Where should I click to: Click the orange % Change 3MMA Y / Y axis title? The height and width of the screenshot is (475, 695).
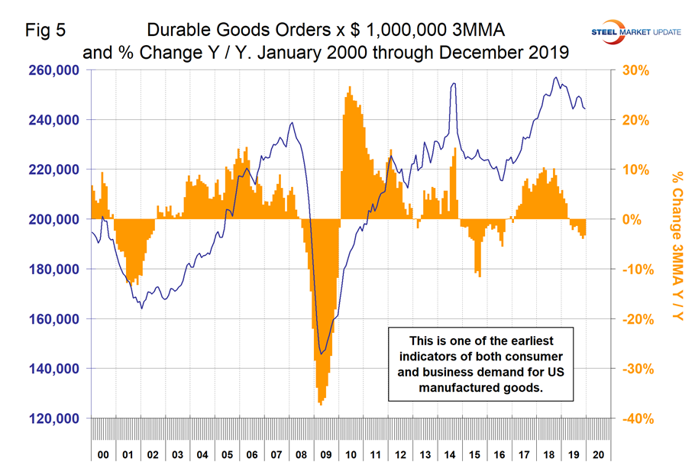click(676, 244)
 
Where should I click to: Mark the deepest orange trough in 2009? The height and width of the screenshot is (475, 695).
click(320, 404)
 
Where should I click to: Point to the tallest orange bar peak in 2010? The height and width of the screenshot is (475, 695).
click(349, 87)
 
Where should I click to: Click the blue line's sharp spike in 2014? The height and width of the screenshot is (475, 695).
click(454, 84)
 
